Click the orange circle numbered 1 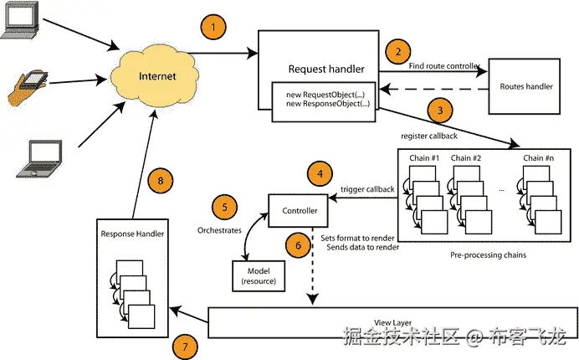point(214,28)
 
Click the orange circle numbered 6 point(294,245)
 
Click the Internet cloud point(156,76)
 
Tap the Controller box point(295,209)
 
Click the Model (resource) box point(259,273)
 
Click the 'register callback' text point(427,132)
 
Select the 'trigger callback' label point(368,189)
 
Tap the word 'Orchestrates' point(220,229)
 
